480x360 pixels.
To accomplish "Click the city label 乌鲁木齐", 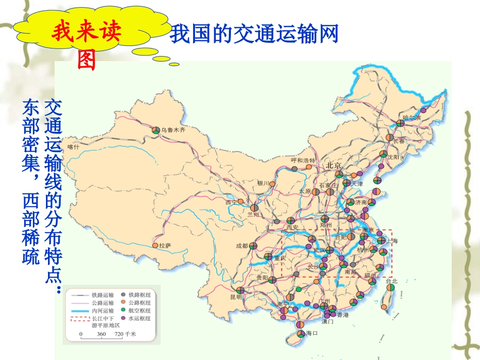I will (174, 130).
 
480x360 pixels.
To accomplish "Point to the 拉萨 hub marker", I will (155, 245).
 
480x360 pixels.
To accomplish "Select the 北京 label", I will (334, 165).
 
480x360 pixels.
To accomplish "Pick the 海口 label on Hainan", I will (311, 334).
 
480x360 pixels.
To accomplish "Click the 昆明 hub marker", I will (241, 290).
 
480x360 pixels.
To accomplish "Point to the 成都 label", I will (242, 246).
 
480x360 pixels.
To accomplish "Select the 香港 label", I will (343, 315).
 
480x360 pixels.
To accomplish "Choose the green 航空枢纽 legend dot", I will (123, 311).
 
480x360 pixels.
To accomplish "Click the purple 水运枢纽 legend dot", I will (123, 319).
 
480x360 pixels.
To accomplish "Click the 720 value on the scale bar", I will (118, 334).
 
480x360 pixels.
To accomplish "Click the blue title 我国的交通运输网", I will (253, 34).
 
